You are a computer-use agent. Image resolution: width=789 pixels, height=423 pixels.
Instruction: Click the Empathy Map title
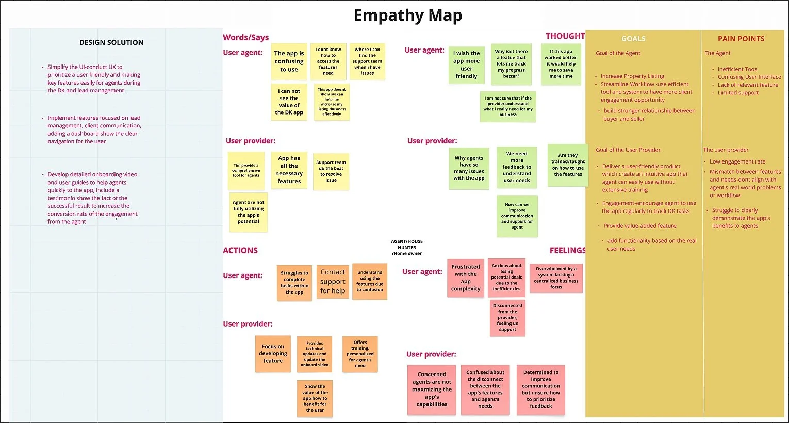point(407,15)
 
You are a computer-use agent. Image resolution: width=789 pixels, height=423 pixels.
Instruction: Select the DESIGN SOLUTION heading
point(111,42)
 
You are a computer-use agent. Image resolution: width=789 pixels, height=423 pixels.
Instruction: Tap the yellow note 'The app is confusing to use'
point(289,61)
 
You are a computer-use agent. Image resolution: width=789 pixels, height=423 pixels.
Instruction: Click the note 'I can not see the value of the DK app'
point(289,102)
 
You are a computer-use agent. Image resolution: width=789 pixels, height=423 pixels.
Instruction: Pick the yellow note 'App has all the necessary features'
point(289,170)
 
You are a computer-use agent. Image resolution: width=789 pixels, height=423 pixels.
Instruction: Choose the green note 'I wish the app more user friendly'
point(466,64)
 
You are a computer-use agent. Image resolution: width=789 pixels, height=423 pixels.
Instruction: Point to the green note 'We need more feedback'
point(517,167)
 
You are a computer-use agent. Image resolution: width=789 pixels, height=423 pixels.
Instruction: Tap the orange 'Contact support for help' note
point(333,281)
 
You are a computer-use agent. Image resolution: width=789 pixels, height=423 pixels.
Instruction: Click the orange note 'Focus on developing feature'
point(273,354)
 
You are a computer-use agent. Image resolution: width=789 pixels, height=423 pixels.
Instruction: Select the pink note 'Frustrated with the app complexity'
point(466,278)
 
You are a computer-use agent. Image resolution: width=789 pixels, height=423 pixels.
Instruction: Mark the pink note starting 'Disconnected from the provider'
point(507,318)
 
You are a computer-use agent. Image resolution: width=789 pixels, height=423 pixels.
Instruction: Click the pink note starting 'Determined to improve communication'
point(541,389)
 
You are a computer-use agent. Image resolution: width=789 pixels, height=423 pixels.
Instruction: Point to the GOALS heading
point(633,39)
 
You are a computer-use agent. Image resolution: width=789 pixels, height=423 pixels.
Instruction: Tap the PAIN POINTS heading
point(741,39)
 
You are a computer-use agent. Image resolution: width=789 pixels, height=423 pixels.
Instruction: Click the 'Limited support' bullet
point(738,93)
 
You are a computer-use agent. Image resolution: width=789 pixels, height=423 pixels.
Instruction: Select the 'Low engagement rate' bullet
point(737,161)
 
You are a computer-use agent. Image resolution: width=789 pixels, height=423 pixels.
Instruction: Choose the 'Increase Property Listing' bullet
point(632,76)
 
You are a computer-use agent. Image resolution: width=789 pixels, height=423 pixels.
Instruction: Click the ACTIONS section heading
point(240,251)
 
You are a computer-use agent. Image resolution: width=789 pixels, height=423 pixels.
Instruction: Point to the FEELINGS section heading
point(567,251)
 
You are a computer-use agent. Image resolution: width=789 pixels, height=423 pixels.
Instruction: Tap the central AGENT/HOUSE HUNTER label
point(407,248)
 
